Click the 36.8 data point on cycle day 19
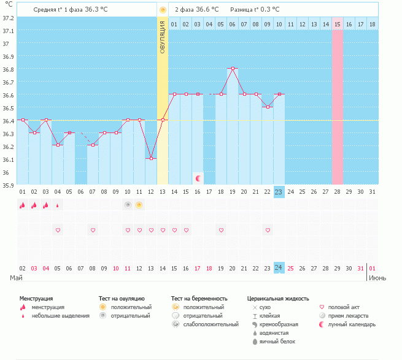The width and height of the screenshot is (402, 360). [x=233, y=69]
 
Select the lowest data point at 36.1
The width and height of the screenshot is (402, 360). [x=151, y=159]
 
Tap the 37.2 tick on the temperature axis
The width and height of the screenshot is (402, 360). [x=8, y=18]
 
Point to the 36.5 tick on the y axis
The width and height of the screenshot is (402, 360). [x=8, y=108]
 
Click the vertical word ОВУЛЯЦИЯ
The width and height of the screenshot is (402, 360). [x=162, y=37]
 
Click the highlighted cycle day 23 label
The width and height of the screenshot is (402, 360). [x=279, y=192]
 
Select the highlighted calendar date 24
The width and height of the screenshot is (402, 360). [x=279, y=268]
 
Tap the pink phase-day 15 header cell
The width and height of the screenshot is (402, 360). [x=338, y=24]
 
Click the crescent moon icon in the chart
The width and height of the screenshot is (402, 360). [x=198, y=178]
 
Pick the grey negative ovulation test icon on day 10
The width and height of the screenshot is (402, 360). [x=128, y=205]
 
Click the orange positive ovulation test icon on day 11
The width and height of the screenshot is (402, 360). [x=139, y=205]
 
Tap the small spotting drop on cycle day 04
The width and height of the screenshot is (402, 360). [x=58, y=205]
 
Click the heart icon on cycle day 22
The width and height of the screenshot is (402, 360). [x=268, y=230]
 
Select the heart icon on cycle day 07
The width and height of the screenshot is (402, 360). [x=93, y=230]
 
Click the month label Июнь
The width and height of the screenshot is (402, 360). [x=377, y=278]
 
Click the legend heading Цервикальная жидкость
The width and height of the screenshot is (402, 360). [x=278, y=299]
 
